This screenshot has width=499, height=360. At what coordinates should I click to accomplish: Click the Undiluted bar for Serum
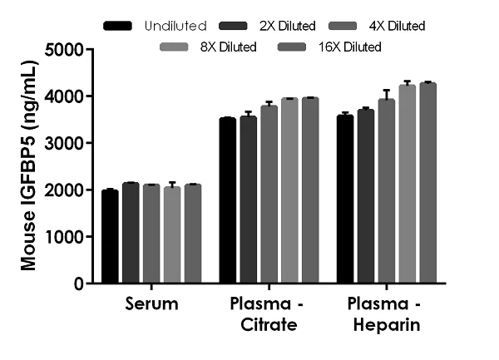(110, 237)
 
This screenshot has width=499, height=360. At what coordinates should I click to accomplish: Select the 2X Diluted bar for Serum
(131, 233)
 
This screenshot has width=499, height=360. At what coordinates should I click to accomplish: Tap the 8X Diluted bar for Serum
(172, 235)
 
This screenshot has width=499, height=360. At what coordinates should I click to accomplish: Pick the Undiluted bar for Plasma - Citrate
(228, 200)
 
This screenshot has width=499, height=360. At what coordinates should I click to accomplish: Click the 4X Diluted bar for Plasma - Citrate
(269, 195)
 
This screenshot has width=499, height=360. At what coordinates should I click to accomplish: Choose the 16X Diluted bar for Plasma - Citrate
(310, 190)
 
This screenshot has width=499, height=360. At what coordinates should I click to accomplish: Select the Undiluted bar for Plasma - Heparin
(345, 199)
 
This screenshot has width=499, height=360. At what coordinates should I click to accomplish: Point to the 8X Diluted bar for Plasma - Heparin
(408, 184)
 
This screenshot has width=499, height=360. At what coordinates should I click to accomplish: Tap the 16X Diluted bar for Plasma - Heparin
(428, 183)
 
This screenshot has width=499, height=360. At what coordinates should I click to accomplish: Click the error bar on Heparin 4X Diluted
(387, 95)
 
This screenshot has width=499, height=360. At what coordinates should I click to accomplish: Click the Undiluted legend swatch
(117, 26)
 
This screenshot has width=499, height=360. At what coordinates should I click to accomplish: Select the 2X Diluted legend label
(288, 26)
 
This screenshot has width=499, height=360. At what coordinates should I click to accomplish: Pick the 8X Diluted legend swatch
(174, 47)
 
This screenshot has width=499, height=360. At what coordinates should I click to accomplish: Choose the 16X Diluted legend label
(350, 47)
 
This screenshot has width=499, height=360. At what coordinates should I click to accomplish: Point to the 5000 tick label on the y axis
(65, 50)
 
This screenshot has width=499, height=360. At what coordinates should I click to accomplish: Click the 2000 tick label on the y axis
(65, 190)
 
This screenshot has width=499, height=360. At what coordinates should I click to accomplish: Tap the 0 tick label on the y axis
(80, 284)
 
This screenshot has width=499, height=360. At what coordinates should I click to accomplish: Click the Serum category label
(151, 303)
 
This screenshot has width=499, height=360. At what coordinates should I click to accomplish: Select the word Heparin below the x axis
(387, 325)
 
